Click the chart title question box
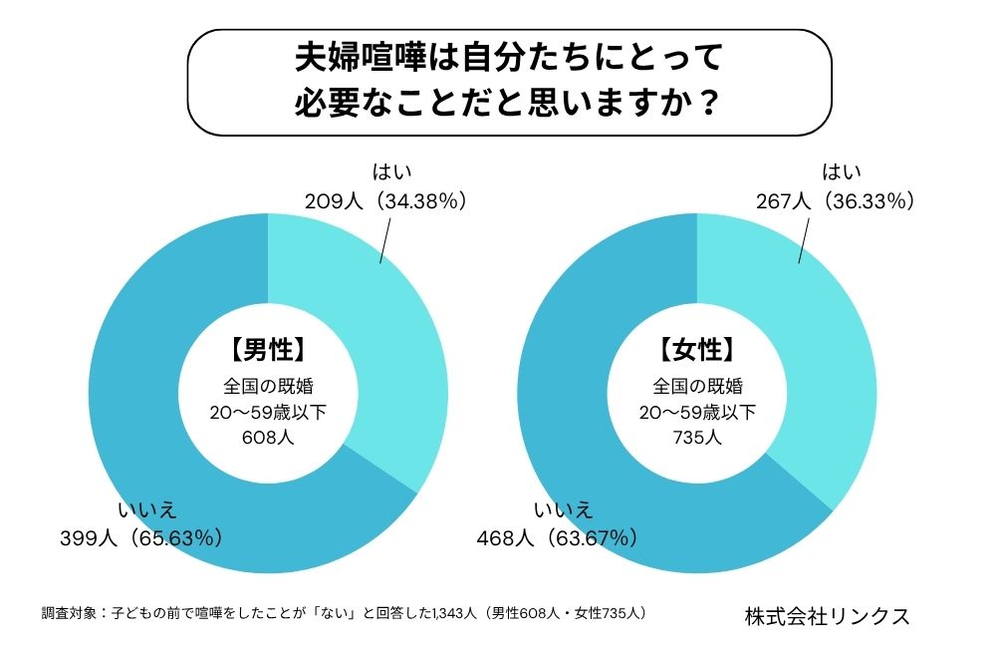coord(509,82)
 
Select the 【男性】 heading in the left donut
coord(267,350)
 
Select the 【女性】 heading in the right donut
coord(696,350)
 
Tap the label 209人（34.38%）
coord(386,200)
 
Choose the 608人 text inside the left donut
coord(267,435)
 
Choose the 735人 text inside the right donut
coord(696,435)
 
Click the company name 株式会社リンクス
coord(827,616)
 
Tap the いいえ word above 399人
coord(147,510)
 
